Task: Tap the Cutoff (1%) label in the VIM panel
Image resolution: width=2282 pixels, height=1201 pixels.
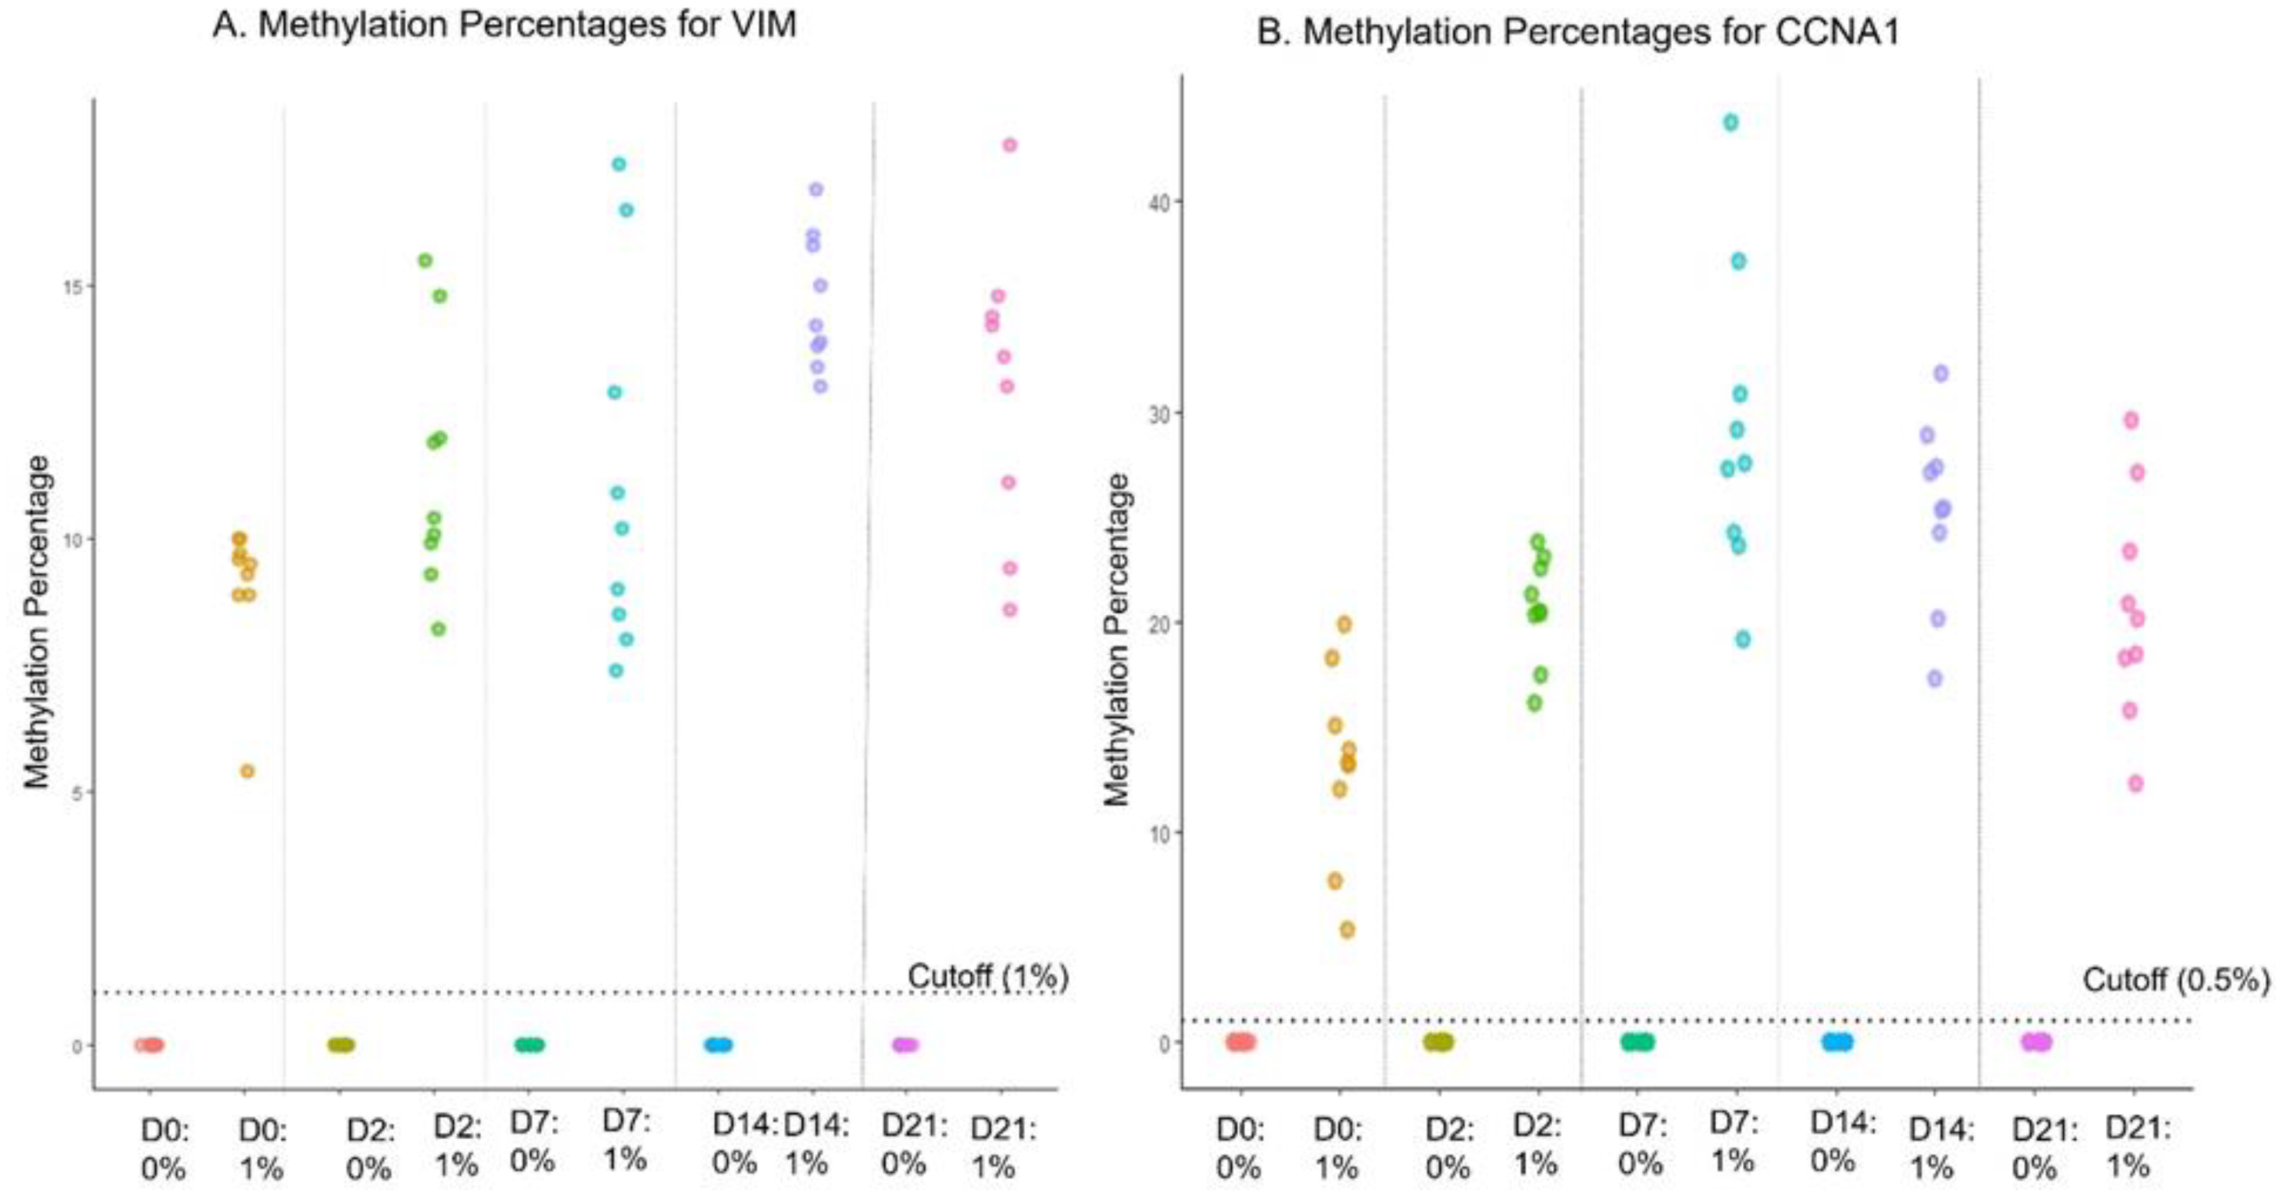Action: click(x=988, y=976)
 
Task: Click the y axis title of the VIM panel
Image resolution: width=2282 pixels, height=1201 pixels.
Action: click(x=37, y=622)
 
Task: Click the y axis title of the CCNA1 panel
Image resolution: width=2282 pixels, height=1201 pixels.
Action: click(x=1117, y=640)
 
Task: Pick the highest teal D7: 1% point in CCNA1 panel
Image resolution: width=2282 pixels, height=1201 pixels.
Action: click(x=1730, y=123)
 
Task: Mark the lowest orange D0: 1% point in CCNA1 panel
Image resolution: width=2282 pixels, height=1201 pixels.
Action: click(x=1346, y=930)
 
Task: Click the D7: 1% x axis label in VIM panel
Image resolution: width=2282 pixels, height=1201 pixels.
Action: click(x=626, y=1140)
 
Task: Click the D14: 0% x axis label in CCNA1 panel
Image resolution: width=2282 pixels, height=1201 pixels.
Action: click(x=1842, y=1140)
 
